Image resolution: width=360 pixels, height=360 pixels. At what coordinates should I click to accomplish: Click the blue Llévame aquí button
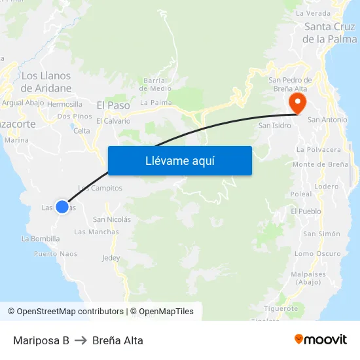[180, 160]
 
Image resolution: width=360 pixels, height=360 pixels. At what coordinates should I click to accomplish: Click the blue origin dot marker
[62, 207]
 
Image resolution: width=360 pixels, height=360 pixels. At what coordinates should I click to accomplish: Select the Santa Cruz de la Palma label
[330, 33]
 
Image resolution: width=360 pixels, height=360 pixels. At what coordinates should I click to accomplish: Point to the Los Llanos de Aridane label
[46, 82]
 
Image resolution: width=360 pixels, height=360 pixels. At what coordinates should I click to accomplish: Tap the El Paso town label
[113, 105]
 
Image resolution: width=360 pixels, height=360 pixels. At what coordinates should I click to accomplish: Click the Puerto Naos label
[56, 254]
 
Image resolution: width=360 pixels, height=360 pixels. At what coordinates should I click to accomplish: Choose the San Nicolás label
[112, 219]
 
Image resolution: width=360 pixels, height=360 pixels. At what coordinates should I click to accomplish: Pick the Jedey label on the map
[111, 258]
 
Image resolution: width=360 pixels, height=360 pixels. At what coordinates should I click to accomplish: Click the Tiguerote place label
[281, 308]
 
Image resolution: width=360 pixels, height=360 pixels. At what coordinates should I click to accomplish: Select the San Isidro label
[274, 125]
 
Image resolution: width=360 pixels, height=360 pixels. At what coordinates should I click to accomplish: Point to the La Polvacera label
[319, 149]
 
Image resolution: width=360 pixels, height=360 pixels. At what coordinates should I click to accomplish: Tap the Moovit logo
[321, 340]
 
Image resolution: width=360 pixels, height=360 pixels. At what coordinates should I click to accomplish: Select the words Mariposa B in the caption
[41, 340]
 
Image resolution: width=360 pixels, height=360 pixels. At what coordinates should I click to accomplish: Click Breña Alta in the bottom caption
[118, 340]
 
